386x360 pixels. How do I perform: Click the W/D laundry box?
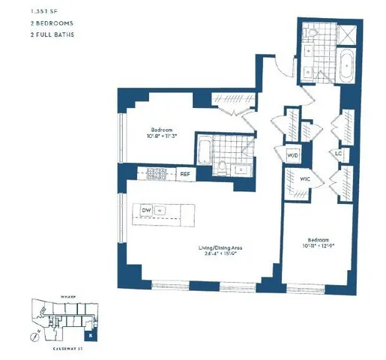291,155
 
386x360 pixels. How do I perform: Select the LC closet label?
338,154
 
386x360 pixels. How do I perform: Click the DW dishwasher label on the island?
147,211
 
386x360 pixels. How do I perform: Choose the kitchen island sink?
160,211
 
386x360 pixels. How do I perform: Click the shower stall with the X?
348,34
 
